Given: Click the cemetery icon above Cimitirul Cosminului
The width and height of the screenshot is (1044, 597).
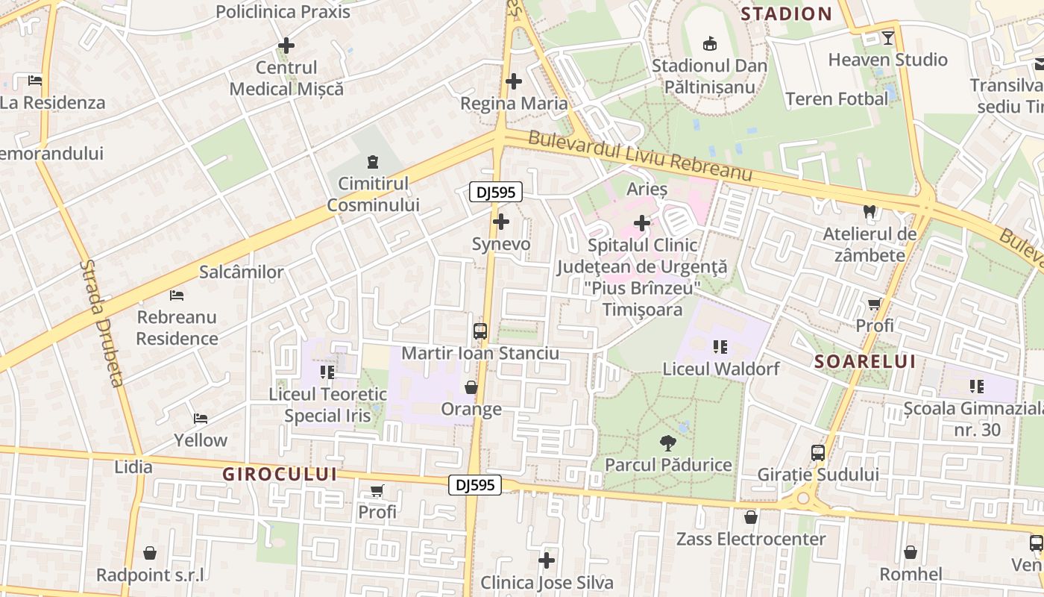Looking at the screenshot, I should pyautogui.click(x=373, y=161).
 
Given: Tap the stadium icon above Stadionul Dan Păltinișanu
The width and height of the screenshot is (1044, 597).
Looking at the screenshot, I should pyautogui.click(x=709, y=43).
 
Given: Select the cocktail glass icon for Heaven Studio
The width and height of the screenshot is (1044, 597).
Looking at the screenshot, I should pyautogui.click(x=887, y=37).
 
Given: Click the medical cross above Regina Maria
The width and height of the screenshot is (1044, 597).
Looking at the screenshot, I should pyautogui.click(x=513, y=81).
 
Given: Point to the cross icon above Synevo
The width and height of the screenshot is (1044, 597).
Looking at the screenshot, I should pyautogui.click(x=501, y=222).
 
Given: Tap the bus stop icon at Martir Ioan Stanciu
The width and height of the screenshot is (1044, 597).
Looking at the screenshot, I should pyautogui.click(x=480, y=331).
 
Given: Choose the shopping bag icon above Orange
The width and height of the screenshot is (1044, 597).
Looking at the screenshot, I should pyautogui.click(x=471, y=387).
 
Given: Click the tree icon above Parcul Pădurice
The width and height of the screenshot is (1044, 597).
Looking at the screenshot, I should pyautogui.click(x=667, y=443).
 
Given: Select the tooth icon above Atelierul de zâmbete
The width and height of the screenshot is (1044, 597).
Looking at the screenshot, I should pyautogui.click(x=869, y=212).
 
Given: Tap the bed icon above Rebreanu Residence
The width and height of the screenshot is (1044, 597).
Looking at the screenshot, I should pyautogui.click(x=177, y=296).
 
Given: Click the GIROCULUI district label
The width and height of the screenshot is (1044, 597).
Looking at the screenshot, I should pyautogui.click(x=280, y=475).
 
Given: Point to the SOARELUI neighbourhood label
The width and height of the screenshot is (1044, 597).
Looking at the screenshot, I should pyautogui.click(x=864, y=362).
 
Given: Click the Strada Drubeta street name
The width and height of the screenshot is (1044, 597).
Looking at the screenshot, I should pyautogui.click(x=101, y=323).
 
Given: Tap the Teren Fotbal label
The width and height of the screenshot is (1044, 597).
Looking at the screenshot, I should pyautogui.click(x=837, y=99).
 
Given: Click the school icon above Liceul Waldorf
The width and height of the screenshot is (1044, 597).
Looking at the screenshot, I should pyautogui.click(x=720, y=346).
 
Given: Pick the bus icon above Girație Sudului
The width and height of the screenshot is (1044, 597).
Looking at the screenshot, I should pyautogui.click(x=817, y=452).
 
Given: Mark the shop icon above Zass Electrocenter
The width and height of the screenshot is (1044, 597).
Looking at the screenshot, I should pyautogui.click(x=750, y=517).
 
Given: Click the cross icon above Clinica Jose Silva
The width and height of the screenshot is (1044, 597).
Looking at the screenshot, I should pyautogui.click(x=547, y=560).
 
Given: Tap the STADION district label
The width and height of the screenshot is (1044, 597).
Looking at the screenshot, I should pyautogui.click(x=786, y=13).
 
